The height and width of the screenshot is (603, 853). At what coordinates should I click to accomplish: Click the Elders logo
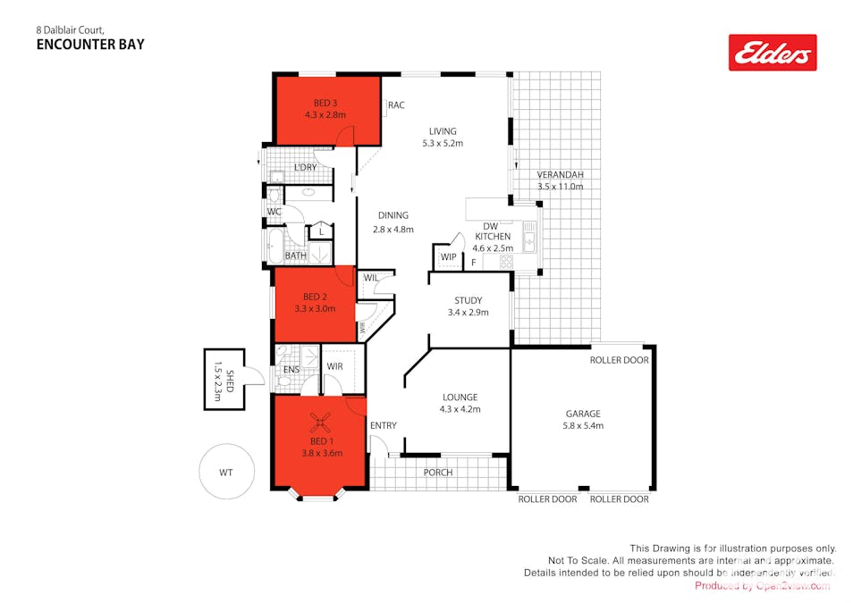click(773, 53)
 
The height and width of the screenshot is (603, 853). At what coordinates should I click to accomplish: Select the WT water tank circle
click(226, 471)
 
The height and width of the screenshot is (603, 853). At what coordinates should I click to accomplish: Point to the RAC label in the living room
click(396, 105)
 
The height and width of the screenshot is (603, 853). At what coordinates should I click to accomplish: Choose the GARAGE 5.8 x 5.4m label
click(584, 419)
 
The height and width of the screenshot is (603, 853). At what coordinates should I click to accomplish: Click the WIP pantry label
click(448, 257)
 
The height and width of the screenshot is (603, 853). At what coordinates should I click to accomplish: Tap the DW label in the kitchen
click(490, 226)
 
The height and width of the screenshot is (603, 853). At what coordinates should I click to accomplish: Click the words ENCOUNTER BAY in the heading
click(90, 43)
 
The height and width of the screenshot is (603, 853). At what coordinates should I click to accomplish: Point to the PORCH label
click(438, 473)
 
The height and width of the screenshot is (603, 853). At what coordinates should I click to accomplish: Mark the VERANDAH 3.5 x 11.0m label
click(560, 180)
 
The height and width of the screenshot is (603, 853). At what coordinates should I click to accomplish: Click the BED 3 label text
click(325, 103)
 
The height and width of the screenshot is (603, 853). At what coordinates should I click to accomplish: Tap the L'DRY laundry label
click(305, 168)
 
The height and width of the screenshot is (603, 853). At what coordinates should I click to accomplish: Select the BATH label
click(295, 256)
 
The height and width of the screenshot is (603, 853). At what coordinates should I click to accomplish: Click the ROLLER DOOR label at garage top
click(619, 360)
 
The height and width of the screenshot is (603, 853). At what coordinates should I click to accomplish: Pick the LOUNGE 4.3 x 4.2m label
click(460, 403)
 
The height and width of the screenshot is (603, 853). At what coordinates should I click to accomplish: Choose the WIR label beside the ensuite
click(335, 366)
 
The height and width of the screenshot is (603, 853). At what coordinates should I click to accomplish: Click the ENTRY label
click(383, 425)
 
